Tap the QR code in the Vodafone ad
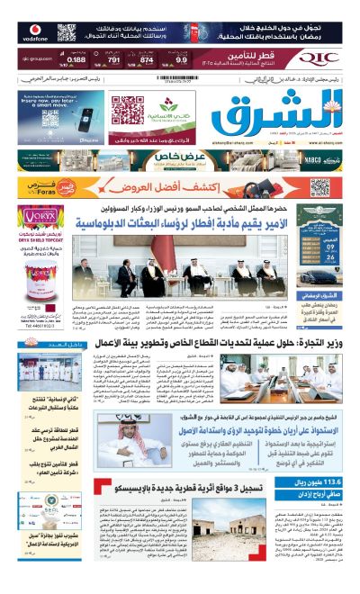tap(67, 31)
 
